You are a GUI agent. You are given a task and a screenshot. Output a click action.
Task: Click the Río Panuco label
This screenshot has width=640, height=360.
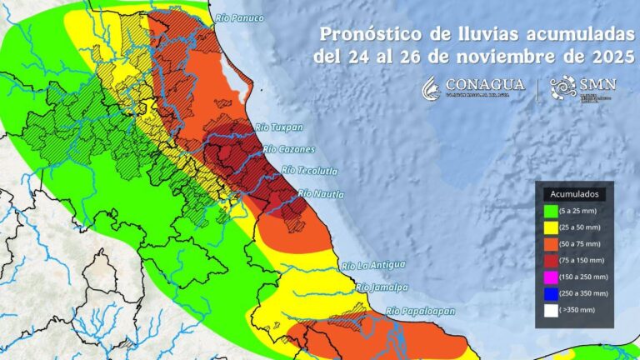pos(238,17)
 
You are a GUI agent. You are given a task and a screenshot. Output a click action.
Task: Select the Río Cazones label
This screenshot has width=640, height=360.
pos(288,150)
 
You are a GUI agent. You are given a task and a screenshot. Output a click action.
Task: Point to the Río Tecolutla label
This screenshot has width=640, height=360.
pos(310,171)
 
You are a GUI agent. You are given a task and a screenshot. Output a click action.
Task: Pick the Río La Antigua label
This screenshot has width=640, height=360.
pos(374,265)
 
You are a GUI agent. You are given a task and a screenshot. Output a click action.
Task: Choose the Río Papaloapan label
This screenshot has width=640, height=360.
pos(421,311)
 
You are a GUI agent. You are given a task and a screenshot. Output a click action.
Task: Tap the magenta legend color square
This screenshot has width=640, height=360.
pos(551,276)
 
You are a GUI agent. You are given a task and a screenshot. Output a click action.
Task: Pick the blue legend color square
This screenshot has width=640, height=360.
pos(551,292)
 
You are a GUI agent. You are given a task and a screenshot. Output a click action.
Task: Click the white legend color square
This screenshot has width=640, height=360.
pos(551,309)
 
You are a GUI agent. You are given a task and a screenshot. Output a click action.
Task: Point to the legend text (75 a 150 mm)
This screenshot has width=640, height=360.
pos(587,259)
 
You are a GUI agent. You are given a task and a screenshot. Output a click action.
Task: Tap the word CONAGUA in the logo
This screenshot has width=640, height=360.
pos(485,85)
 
